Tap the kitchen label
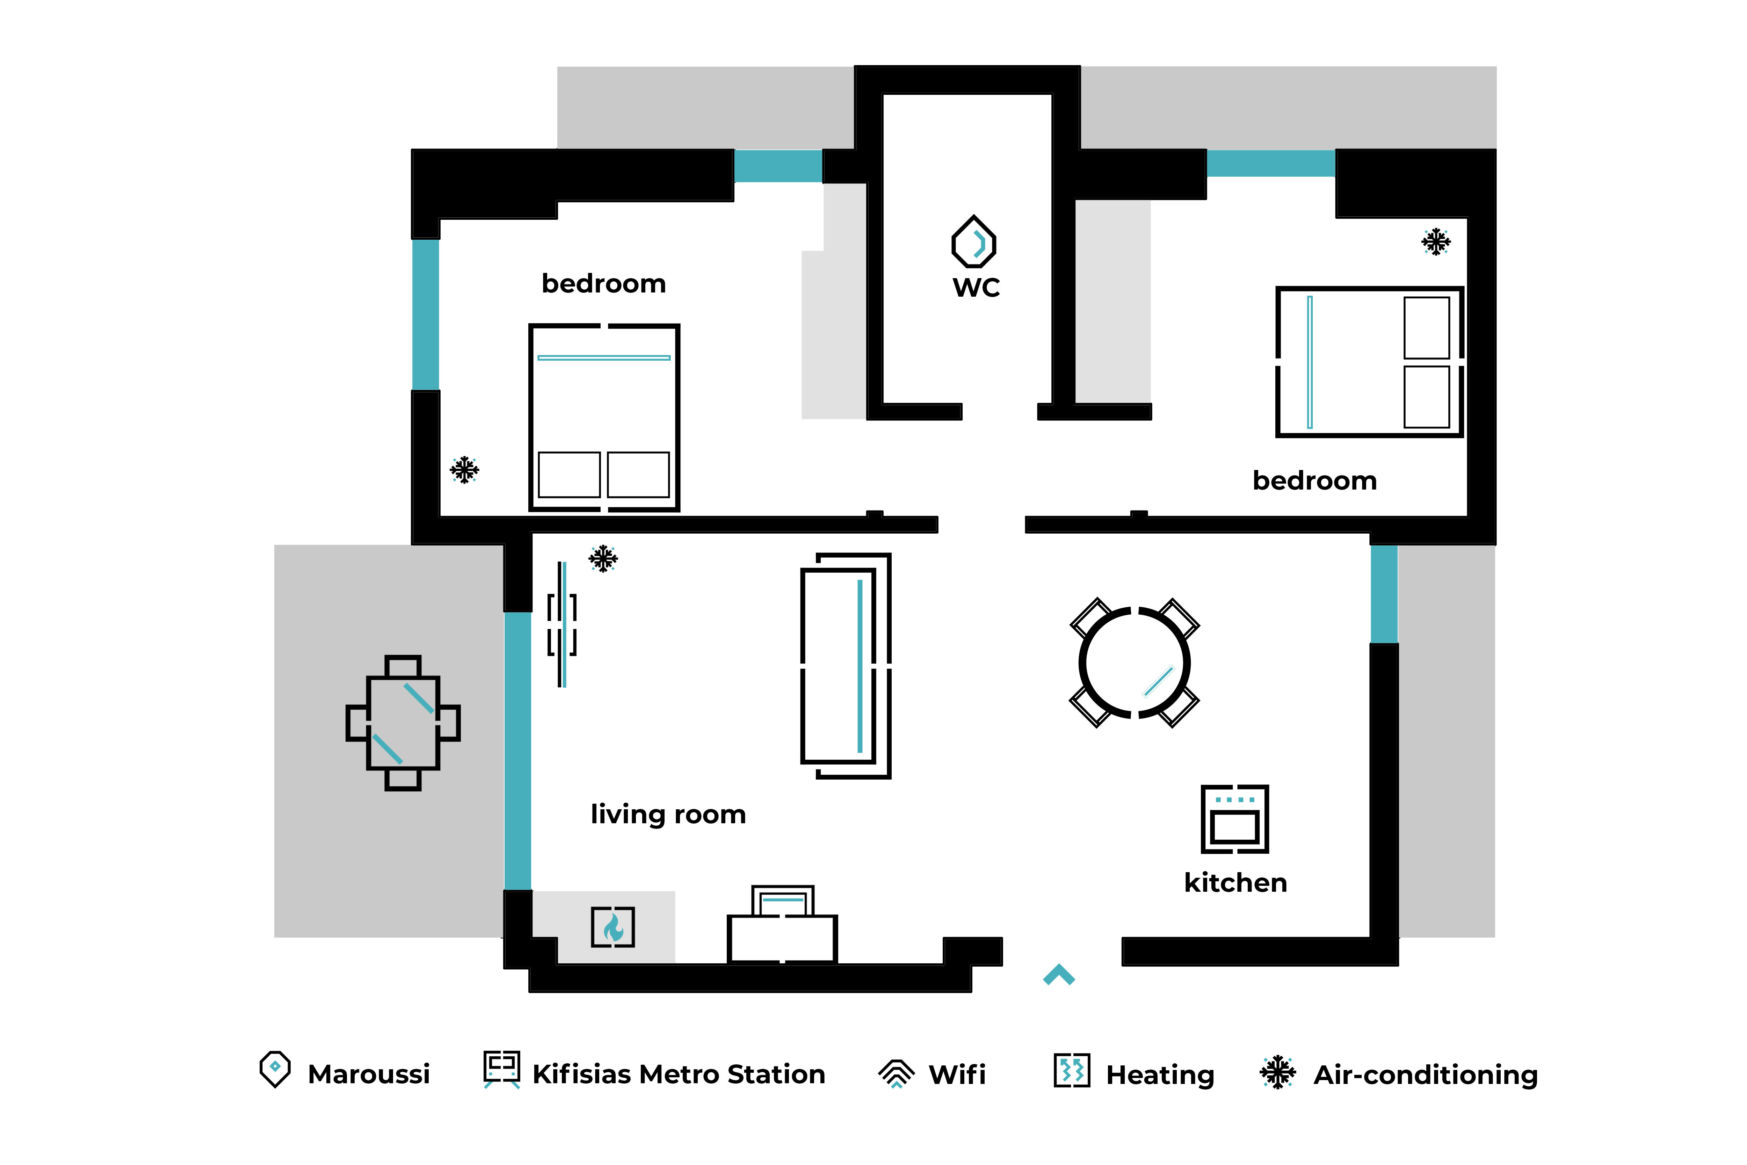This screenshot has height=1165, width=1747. [1235, 883]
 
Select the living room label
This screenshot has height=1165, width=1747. [668, 814]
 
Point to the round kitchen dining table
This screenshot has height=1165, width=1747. [1134, 663]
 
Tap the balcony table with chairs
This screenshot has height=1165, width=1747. [403, 722]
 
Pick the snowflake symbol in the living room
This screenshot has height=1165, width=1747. [603, 559]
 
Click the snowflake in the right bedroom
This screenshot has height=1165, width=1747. [1436, 241]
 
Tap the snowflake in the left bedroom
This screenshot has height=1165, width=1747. [464, 470]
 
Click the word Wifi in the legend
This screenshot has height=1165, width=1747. [957, 1074]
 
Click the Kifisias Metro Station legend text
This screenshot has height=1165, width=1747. [678, 1074]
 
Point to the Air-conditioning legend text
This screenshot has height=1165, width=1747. [1426, 1074]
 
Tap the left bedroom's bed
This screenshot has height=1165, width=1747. [604, 418]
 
